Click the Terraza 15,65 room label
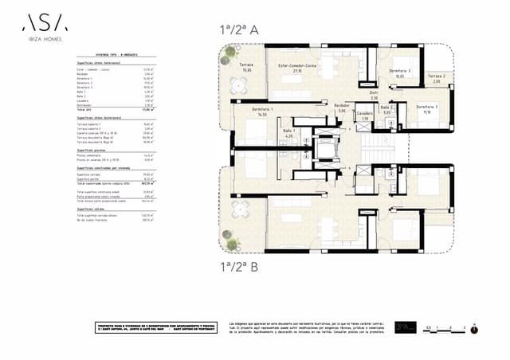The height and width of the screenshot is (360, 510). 246,67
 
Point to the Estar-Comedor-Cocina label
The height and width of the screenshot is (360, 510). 296,67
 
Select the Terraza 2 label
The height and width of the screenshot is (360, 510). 436,78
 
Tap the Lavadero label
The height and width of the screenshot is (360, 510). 364,116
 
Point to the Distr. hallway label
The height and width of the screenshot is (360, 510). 374,94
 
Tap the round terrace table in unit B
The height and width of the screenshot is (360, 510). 237,213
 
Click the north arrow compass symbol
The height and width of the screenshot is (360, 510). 474,325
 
